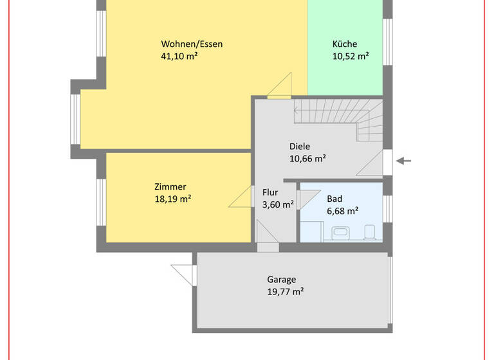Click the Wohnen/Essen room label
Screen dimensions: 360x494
point(192,44)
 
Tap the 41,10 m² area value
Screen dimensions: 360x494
point(179,57)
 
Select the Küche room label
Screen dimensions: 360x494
point(345,44)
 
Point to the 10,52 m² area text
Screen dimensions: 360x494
point(350,57)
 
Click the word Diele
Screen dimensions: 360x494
point(299,146)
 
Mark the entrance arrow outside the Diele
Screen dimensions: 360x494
point(403,161)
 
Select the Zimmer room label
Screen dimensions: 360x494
point(170,186)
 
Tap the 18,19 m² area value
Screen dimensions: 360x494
point(172,199)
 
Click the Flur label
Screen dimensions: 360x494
point(270,192)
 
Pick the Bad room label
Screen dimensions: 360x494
point(334,198)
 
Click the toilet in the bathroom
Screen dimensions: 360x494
point(369,230)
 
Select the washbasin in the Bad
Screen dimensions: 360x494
point(339,231)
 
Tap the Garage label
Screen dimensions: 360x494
point(282,280)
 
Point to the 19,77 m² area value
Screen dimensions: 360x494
point(285,292)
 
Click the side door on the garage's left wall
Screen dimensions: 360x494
point(184,273)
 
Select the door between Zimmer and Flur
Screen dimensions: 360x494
point(242,197)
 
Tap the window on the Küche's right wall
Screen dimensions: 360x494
point(387,42)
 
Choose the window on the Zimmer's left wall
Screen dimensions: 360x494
point(101,202)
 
